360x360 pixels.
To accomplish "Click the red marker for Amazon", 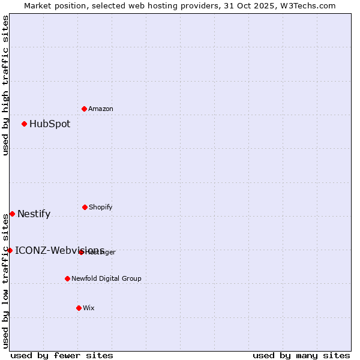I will (x=84, y=109).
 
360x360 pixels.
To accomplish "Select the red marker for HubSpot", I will (x=24, y=124).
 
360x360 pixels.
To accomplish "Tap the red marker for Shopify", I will (x=85, y=207).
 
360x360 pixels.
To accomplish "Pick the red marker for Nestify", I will (x=12, y=214).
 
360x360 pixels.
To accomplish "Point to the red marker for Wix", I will (x=79, y=308).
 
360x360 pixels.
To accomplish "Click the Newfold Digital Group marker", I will (x=67, y=278).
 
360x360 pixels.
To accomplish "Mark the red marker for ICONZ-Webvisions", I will (x=10, y=250).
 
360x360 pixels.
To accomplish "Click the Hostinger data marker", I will (x=81, y=252).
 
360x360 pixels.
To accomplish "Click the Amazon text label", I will (x=101, y=109).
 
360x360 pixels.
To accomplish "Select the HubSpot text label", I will (x=50, y=124).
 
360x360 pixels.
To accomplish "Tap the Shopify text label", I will (x=101, y=207).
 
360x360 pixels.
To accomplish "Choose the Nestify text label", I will (x=34, y=214).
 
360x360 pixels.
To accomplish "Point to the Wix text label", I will (x=89, y=308).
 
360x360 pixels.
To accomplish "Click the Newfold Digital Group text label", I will (x=106, y=278).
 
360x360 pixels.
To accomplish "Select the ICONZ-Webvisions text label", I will (x=59, y=250).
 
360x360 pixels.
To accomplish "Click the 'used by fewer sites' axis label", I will (x=62, y=355).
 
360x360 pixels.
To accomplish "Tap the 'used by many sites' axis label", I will (x=301, y=355).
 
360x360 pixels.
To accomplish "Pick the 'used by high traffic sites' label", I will (x=5, y=85).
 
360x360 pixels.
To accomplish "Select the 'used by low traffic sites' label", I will (x=5, y=280).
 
